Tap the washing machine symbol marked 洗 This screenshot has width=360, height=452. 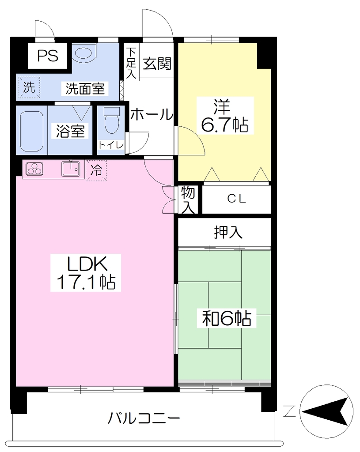tap(29, 87)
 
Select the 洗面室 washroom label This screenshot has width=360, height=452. tap(85, 88)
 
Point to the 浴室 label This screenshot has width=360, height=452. tap(70, 131)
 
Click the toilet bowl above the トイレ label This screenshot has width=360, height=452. tap(111, 121)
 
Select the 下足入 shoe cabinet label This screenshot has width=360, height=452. tap(131, 63)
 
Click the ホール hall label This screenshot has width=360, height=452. tap(152, 114)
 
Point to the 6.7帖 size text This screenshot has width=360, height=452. tap(224, 125)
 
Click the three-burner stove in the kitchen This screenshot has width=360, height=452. tap(34, 169)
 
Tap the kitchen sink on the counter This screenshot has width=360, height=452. tap(71, 169)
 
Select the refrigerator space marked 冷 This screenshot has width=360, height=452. tap(96, 170)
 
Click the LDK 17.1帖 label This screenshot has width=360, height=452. tap(86, 272)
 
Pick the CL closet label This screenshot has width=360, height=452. tap(236, 199)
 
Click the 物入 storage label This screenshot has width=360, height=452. tap(188, 200)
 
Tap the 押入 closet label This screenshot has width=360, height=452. tap(228, 232)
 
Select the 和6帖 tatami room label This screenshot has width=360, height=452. tap(227, 318)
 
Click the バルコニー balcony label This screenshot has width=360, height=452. tap(144, 418)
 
